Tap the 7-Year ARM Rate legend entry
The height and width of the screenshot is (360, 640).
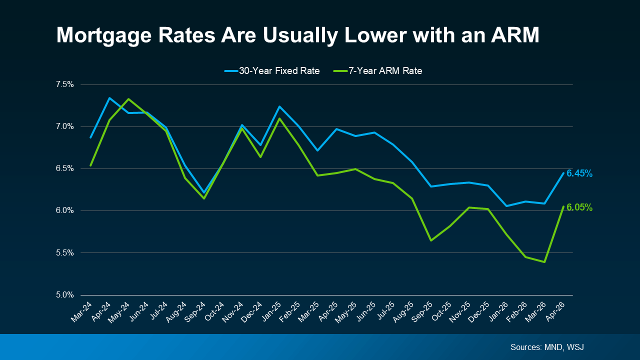coord(377,71)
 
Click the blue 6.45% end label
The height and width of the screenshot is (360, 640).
coord(579,173)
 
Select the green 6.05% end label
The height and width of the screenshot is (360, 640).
coord(579,207)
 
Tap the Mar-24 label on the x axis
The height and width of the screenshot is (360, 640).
coord(82,311)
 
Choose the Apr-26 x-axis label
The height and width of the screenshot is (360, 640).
coord(555,311)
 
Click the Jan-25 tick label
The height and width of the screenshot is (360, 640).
coord(271,311)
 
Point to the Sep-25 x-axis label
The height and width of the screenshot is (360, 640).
coord(423,311)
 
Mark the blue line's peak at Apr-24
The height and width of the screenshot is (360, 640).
coord(109,98)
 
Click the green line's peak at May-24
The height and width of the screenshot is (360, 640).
coord(128,99)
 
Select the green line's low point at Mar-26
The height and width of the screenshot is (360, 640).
coord(544,262)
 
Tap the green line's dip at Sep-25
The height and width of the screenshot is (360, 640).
coord(431,240)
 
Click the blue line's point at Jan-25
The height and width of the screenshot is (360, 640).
coord(279,106)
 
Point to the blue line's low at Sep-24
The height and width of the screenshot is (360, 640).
coord(204,192)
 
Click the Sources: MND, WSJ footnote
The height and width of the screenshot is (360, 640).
coord(546,347)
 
